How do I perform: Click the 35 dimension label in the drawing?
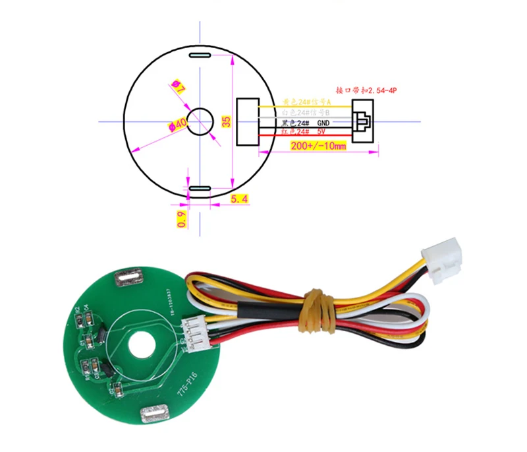coord(226,121)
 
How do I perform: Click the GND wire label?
coord(323,123)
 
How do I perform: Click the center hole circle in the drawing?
coord(200,121)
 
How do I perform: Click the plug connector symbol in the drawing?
coord(363,121)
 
